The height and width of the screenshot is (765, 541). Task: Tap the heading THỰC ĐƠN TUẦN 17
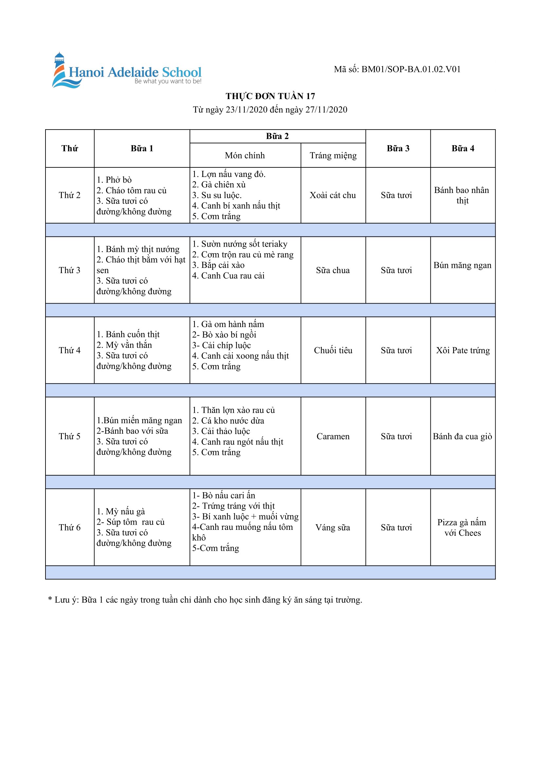(270, 96)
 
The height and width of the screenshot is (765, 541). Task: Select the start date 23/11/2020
(246, 110)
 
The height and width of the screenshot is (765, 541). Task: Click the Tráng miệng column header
(333, 156)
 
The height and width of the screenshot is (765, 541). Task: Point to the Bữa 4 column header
(462, 148)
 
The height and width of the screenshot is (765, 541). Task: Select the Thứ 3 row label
(70, 270)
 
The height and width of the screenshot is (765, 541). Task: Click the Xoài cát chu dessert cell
(332, 195)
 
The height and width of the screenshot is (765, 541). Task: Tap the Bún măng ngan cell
(462, 265)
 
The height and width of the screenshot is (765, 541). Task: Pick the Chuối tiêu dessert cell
(333, 351)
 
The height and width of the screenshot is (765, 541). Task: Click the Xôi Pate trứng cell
(463, 351)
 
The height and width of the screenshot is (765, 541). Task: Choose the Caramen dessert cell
(333, 437)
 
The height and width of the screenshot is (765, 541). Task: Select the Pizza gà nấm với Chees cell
(462, 528)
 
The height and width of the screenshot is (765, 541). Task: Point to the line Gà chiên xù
(219, 184)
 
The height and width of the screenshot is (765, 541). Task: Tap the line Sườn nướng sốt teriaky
(240, 244)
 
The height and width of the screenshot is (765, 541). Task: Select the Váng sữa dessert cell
(332, 528)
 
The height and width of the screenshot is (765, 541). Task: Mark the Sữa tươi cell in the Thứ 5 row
(396, 437)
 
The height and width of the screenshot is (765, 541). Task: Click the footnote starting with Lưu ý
(205, 600)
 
